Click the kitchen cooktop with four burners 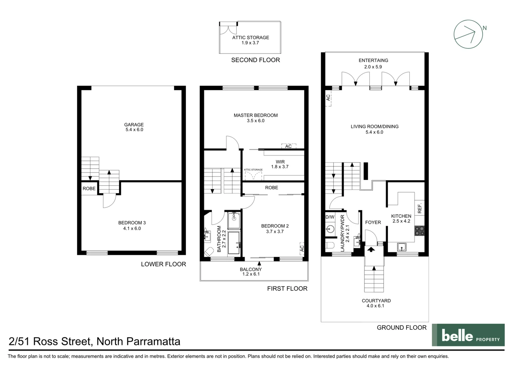[419, 231]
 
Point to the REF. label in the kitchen [419, 208]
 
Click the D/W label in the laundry [330, 217]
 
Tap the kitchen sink [402, 247]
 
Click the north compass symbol [468, 34]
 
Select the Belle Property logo [468, 335]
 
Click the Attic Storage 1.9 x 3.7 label [250, 40]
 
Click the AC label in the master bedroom [288, 146]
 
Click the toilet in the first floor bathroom [208, 252]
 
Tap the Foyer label [373, 222]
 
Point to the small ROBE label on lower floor [89, 189]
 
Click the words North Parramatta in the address [138, 342]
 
